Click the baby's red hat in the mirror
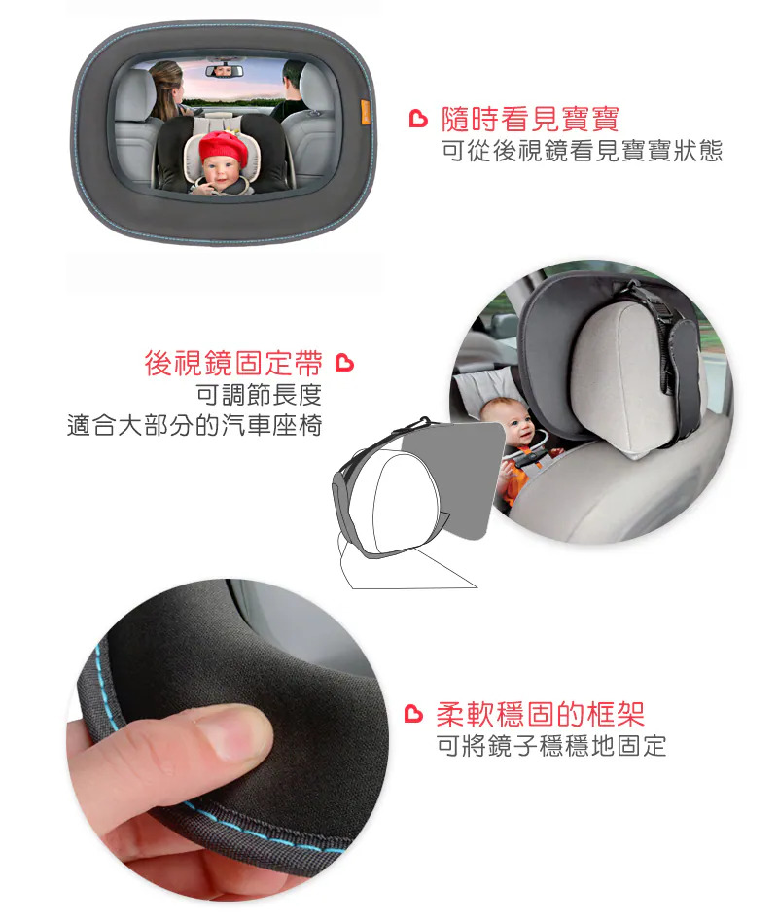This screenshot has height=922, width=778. (x=223, y=148)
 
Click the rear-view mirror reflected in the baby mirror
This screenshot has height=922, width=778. (x=223, y=71)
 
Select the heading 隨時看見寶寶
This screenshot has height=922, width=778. (x=530, y=120)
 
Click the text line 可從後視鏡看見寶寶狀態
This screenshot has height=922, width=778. (x=582, y=151)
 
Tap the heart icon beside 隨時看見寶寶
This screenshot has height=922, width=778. (x=418, y=119)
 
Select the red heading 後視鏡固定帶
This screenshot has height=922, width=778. (x=233, y=363)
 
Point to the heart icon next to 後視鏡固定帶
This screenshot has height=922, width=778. (x=344, y=363)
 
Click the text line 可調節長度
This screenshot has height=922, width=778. (x=259, y=395)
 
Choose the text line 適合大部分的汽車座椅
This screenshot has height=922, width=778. (x=194, y=425)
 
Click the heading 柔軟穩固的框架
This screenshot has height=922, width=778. (x=540, y=715)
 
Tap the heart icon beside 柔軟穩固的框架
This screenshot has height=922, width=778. (x=414, y=713)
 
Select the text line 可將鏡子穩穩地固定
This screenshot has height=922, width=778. (x=551, y=746)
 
